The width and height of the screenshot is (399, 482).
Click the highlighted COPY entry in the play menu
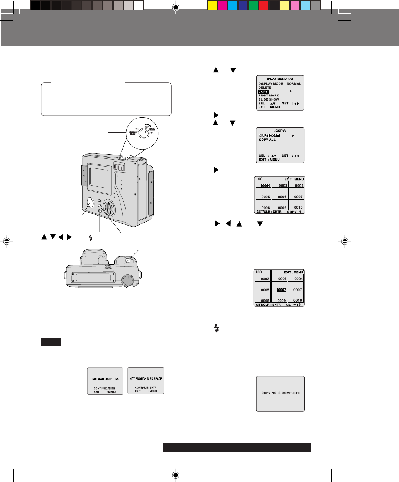coord(263,92)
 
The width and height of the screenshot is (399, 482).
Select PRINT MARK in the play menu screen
coord(269,96)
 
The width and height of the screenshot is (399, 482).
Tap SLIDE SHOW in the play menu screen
coord(269,99)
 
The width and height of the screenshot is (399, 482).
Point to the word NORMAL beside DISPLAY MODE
coord(294,84)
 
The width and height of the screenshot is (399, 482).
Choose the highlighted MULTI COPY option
coord(269,136)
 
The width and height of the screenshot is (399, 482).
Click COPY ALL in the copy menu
coord(267,140)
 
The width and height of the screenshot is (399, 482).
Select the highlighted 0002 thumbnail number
coord(265,186)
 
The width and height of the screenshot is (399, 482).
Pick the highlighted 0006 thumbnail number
coord(282,290)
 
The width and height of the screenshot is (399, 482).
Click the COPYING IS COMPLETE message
coord(280,393)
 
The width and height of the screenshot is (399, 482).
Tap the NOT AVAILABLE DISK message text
coord(106,379)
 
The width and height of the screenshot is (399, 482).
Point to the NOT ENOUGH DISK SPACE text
coord(146,379)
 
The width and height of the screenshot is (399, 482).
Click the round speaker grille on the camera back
coord(109,208)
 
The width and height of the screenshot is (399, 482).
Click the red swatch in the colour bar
coord(263,5)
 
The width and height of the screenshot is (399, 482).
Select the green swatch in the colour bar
coord(253,5)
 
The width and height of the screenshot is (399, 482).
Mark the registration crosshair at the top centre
coord(176,7)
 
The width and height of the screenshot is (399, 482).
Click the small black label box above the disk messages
coord(51,342)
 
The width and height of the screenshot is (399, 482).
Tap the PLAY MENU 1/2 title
coord(280,79)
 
